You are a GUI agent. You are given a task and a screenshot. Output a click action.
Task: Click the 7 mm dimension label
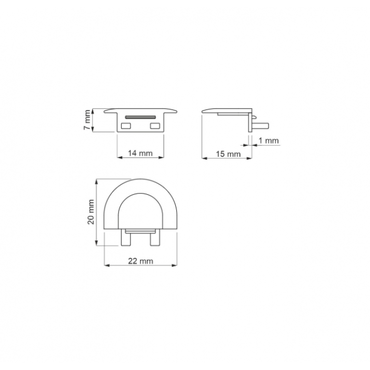point(87,120)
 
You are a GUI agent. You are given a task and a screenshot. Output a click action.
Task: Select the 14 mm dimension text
point(141,153)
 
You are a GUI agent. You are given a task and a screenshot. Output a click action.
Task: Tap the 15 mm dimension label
point(228,154)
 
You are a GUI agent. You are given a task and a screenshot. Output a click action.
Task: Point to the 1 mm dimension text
point(268,141)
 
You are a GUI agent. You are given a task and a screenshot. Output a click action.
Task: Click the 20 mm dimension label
point(91,212)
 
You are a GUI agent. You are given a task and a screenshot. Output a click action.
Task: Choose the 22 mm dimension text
point(141,261)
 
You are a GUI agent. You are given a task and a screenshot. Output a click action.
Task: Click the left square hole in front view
point(126,126)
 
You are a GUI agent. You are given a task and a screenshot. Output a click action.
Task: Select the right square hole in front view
point(155,126)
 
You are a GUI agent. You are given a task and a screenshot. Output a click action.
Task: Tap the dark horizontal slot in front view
point(141,117)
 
